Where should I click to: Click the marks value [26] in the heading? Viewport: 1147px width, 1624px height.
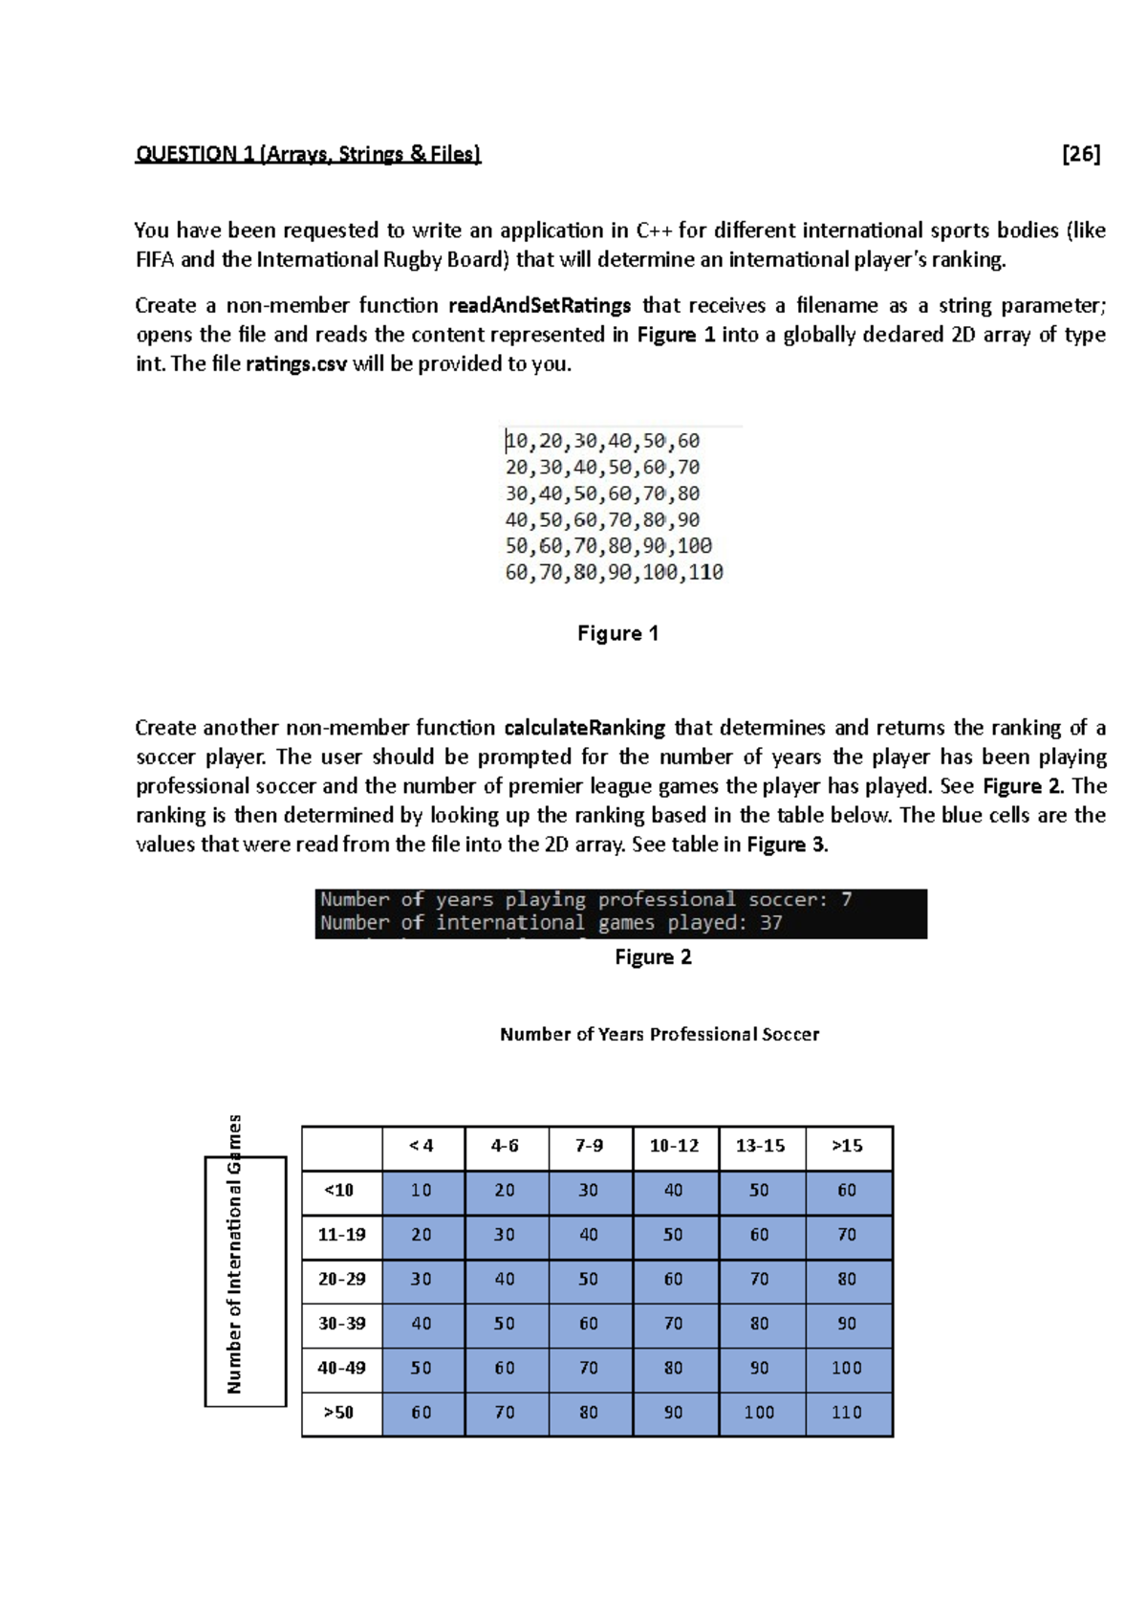point(1081,154)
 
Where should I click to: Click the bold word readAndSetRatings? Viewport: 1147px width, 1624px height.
point(539,306)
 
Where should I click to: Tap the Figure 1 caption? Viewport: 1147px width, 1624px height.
point(617,633)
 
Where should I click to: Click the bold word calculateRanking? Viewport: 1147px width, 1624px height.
point(584,728)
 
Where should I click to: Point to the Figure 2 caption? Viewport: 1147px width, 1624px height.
point(653,957)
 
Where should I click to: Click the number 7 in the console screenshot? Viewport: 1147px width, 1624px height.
point(846,900)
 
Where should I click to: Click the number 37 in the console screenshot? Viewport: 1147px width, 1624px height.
point(770,923)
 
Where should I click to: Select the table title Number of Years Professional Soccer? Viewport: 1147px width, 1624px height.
point(660,1034)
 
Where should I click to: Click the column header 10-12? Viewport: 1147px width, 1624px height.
point(674,1146)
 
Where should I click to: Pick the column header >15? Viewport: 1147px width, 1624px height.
point(847,1146)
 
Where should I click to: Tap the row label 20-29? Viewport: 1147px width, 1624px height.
point(341,1279)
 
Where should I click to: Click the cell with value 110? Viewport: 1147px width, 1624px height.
point(847,1413)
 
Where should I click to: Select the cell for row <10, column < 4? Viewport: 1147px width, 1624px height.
point(421,1191)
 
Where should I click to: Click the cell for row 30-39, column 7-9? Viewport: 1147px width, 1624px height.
point(589,1324)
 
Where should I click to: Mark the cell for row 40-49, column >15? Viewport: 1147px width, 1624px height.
point(847,1368)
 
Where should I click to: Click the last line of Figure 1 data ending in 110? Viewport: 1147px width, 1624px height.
point(614,573)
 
